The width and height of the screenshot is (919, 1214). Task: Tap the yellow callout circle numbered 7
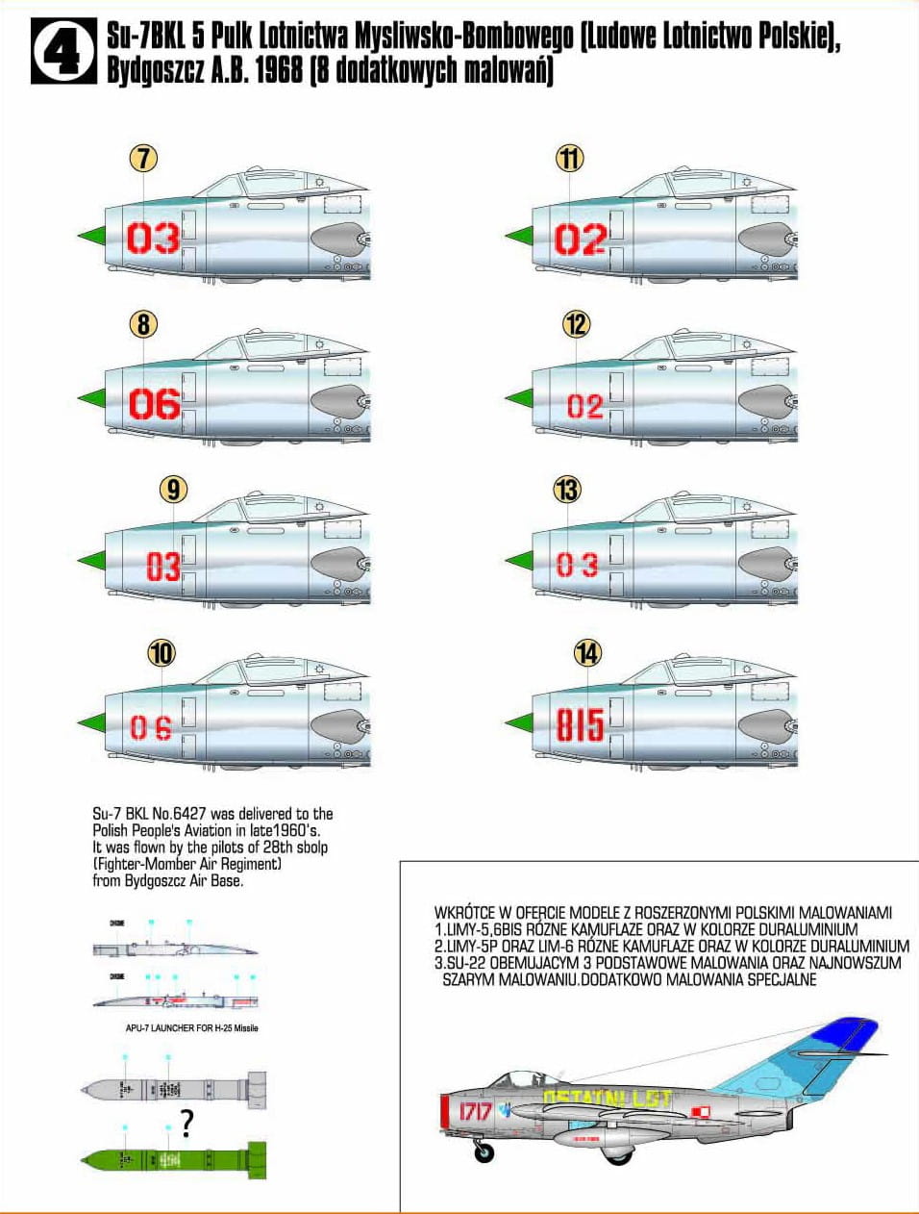[143, 158]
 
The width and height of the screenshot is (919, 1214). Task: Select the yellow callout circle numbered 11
[570, 158]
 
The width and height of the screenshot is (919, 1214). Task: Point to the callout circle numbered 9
[172, 490]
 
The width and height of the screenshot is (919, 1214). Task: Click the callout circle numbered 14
[587, 654]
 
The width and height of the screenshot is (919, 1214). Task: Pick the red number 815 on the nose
[580, 725]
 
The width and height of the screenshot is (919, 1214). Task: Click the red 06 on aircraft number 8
[154, 404]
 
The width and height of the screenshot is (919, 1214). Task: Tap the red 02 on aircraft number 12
[584, 406]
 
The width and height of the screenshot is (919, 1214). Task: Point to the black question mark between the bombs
[186, 1124]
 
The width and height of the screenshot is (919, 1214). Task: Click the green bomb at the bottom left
[173, 1159]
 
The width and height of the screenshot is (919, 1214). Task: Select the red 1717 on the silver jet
[475, 1112]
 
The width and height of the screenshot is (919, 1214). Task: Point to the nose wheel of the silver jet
[485, 1151]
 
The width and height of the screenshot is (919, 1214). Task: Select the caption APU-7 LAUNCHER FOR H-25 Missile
[191, 1028]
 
